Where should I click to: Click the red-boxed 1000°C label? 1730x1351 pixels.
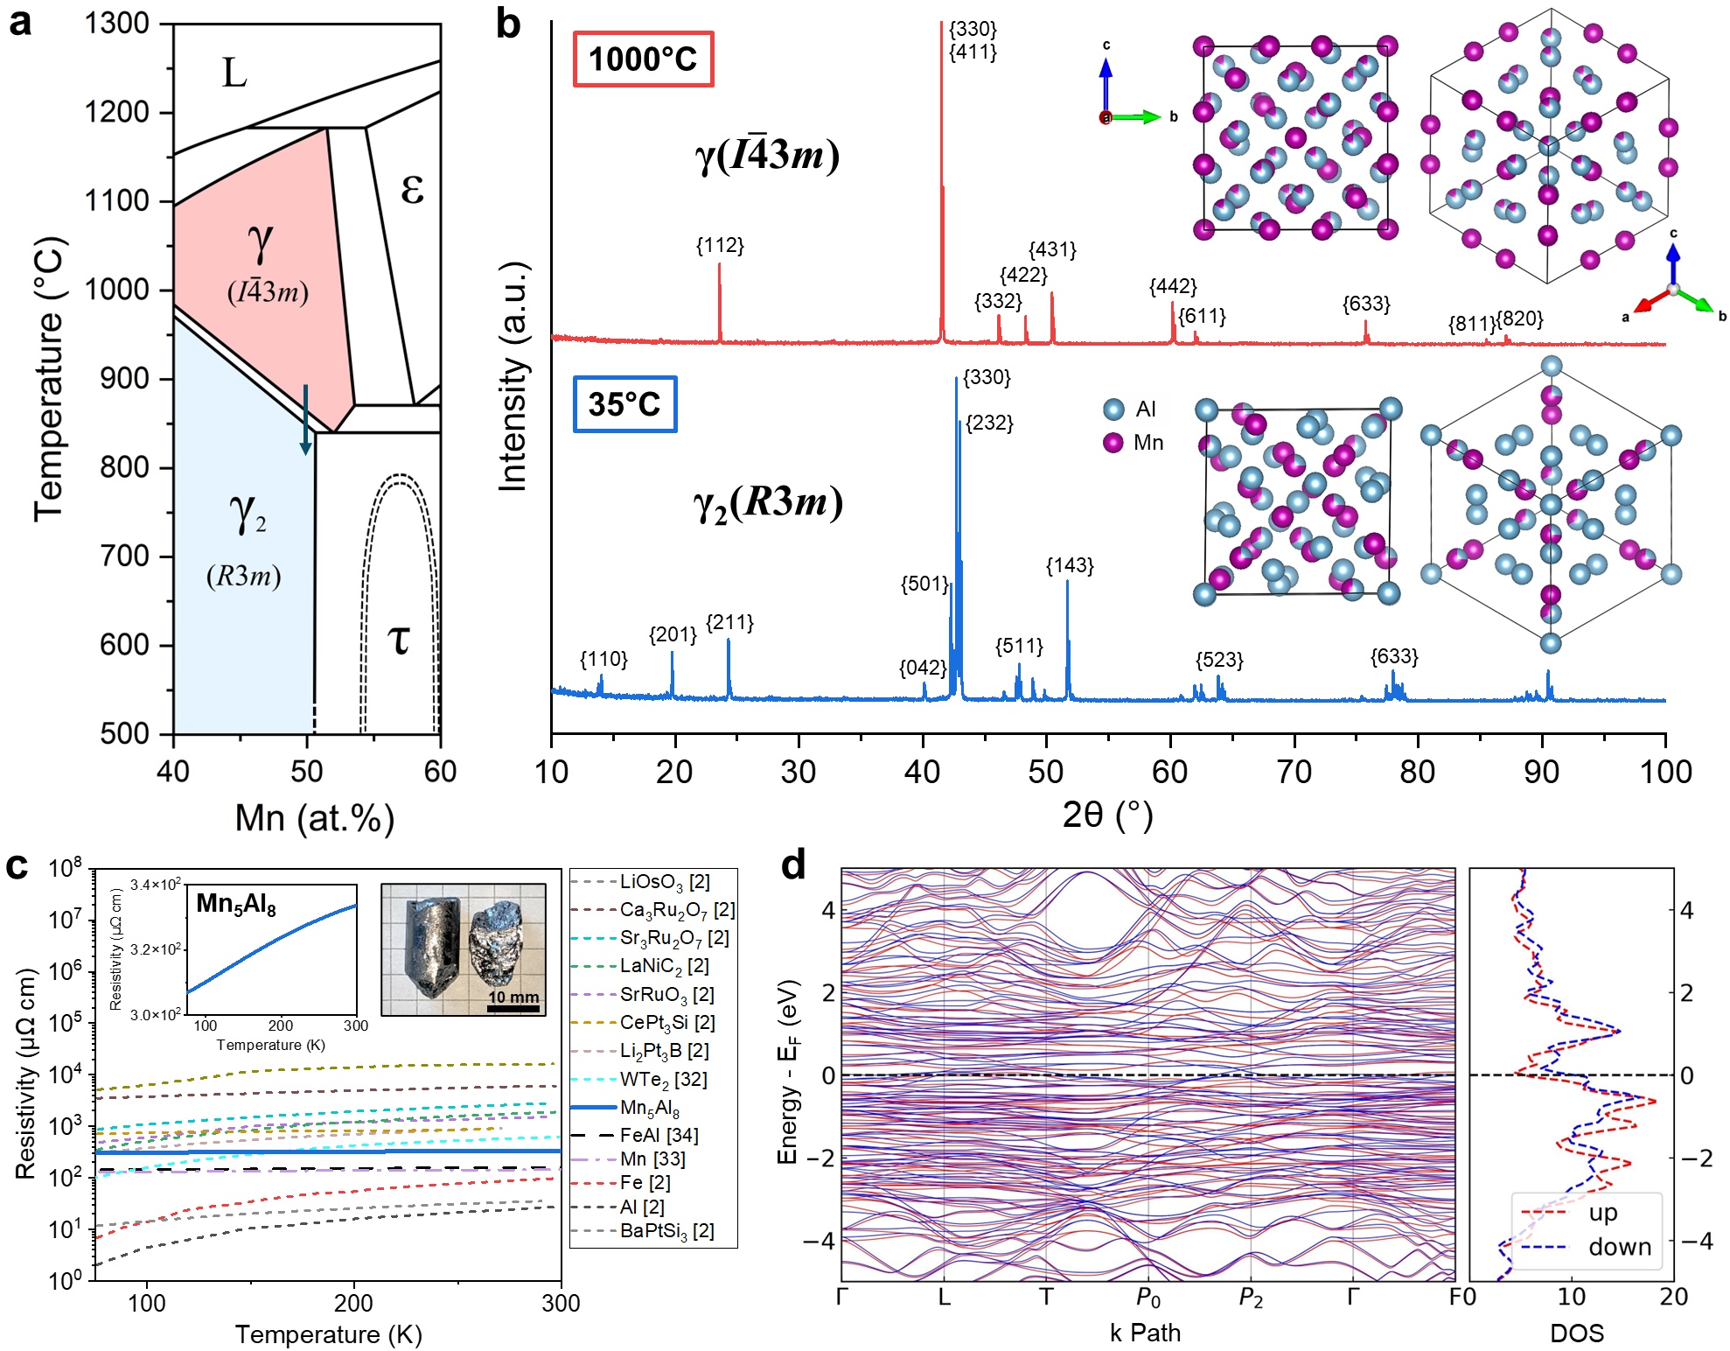[x=643, y=59]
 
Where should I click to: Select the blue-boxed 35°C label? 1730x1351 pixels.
[x=624, y=404]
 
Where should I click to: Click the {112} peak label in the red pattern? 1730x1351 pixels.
[x=720, y=246]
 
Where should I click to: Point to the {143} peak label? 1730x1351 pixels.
[x=1070, y=566]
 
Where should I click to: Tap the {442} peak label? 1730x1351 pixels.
[x=1173, y=287]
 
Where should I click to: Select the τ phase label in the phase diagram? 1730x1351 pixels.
[x=399, y=639]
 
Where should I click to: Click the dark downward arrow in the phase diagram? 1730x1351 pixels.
[x=305, y=420]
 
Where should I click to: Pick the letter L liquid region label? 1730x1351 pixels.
[x=234, y=73]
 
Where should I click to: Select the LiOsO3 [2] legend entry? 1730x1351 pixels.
[x=664, y=882]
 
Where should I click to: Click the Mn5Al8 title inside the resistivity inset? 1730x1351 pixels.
[x=236, y=904]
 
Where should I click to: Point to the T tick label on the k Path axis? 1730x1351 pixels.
[x=1046, y=1297]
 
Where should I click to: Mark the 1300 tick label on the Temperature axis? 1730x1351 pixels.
[x=117, y=24]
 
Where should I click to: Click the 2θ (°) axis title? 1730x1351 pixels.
[x=1107, y=815]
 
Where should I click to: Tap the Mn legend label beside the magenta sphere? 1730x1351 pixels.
[x=1148, y=443]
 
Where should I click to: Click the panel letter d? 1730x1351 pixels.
[x=792, y=867]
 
